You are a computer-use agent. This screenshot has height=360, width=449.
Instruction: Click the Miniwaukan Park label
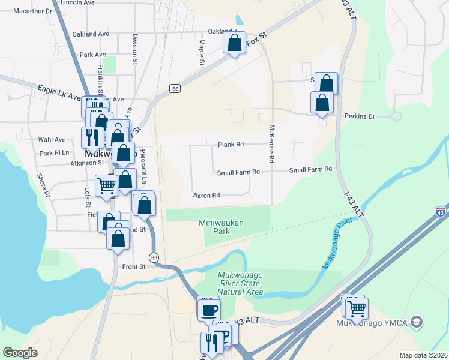pyautogui.click(x=221, y=226)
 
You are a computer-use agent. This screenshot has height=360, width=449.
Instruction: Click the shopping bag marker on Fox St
pyautogui.click(x=234, y=43)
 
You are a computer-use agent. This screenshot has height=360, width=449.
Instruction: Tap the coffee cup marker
pyautogui.click(x=209, y=310)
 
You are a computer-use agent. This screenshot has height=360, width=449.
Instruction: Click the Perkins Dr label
pyautogui.click(x=360, y=116)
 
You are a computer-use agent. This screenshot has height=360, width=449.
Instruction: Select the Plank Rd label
pyautogui.click(x=231, y=145)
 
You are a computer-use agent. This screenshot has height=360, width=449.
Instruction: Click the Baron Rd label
pyautogui.click(x=206, y=195)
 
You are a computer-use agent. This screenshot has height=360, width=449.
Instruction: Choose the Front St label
pyautogui.click(x=134, y=266)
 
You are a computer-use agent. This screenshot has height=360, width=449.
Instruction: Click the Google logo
pyautogui.click(x=20, y=353)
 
